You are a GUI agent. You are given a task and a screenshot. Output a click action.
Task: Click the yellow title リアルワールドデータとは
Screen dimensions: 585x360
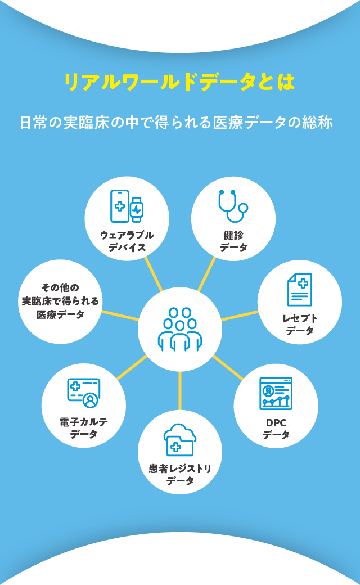coord(179,82)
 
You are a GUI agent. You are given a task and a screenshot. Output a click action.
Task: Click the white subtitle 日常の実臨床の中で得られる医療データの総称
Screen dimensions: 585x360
coord(176,122)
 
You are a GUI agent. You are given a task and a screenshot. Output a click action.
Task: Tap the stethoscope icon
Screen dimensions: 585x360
coord(233,206)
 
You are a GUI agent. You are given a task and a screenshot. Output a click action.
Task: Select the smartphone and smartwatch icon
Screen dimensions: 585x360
coord(127,206)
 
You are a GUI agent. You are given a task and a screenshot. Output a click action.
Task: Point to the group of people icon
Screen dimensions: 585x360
coord(180,329)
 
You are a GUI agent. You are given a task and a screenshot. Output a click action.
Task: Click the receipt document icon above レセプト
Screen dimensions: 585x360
coord(299,290)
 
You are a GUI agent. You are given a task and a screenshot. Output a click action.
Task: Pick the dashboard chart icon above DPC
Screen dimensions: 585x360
coord(276,393)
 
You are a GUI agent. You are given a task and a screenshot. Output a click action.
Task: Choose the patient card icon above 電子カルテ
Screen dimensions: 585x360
coord(83,392)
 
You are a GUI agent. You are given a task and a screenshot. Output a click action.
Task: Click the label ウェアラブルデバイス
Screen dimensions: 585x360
coord(127,241)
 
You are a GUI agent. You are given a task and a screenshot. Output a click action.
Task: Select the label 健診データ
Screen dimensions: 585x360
coord(233,241)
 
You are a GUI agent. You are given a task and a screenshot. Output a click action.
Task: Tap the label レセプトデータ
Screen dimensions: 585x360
coord(300,325)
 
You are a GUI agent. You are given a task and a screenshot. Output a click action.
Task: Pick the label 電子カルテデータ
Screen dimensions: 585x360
coord(83,427)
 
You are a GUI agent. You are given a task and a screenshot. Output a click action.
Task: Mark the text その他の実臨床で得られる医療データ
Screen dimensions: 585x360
coord(60,301)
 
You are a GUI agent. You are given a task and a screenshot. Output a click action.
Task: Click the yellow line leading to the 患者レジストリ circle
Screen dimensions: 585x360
coord(180,390)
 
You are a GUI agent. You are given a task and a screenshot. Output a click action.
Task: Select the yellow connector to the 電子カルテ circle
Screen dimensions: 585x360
coord(132,368)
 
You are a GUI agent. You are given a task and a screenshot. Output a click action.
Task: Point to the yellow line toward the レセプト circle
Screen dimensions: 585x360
coord(240,316)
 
